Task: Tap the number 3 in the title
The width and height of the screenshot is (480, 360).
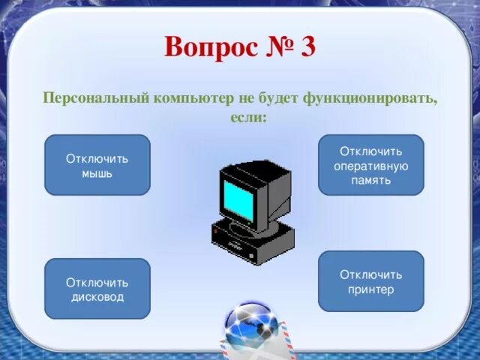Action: [x=307, y=47]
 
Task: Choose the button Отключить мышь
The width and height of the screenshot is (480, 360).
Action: [x=97, y=165]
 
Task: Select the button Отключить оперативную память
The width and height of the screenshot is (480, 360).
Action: [x=370, y=165]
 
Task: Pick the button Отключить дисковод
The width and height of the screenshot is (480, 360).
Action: [x=97, y=289]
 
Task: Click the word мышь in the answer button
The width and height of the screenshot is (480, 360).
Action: [x=97, y=173]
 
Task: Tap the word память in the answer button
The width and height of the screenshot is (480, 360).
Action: [x=370, y=180]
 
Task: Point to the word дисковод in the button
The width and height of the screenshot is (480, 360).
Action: [x=97, y=297]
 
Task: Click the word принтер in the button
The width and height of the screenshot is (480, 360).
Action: [x=370, y=289]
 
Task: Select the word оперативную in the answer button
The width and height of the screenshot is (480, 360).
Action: [x=370, y=166]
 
